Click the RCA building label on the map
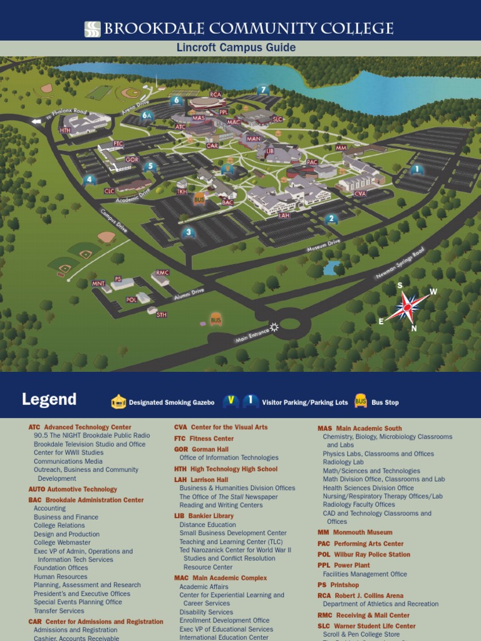click(x=216, y=95)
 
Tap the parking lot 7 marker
click(x=264, y=90)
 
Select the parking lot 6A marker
click(x=147, y=115)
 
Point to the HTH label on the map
click(x=65, y=130)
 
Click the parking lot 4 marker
click(x=90, y=180)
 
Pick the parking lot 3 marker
click(x=189, y=233)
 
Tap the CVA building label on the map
click(x=360, y=194)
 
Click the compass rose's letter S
click(x=400, y=285)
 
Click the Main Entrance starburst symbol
click(x=274, y=326)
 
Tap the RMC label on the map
click(x=163, y=273)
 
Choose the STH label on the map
click(x=162, y=314)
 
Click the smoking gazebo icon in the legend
click(x=118, y=402)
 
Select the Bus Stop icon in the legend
click(x=361, y=401)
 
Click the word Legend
click(x=49, y=399)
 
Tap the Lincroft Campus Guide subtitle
click(x=240, y=48)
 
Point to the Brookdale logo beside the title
click(x=93, y=29)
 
